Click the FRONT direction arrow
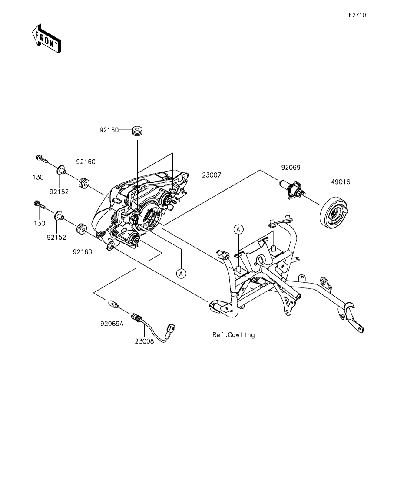click(46, 38)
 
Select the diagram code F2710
click(357, 15)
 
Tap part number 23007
click(211, 175)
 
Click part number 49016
click(341, 182)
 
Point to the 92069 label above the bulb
click(291, 167)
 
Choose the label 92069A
click(112, 324)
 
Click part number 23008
click(145, 341)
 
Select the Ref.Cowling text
click(234, 335)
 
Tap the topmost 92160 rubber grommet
click(138, 130)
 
